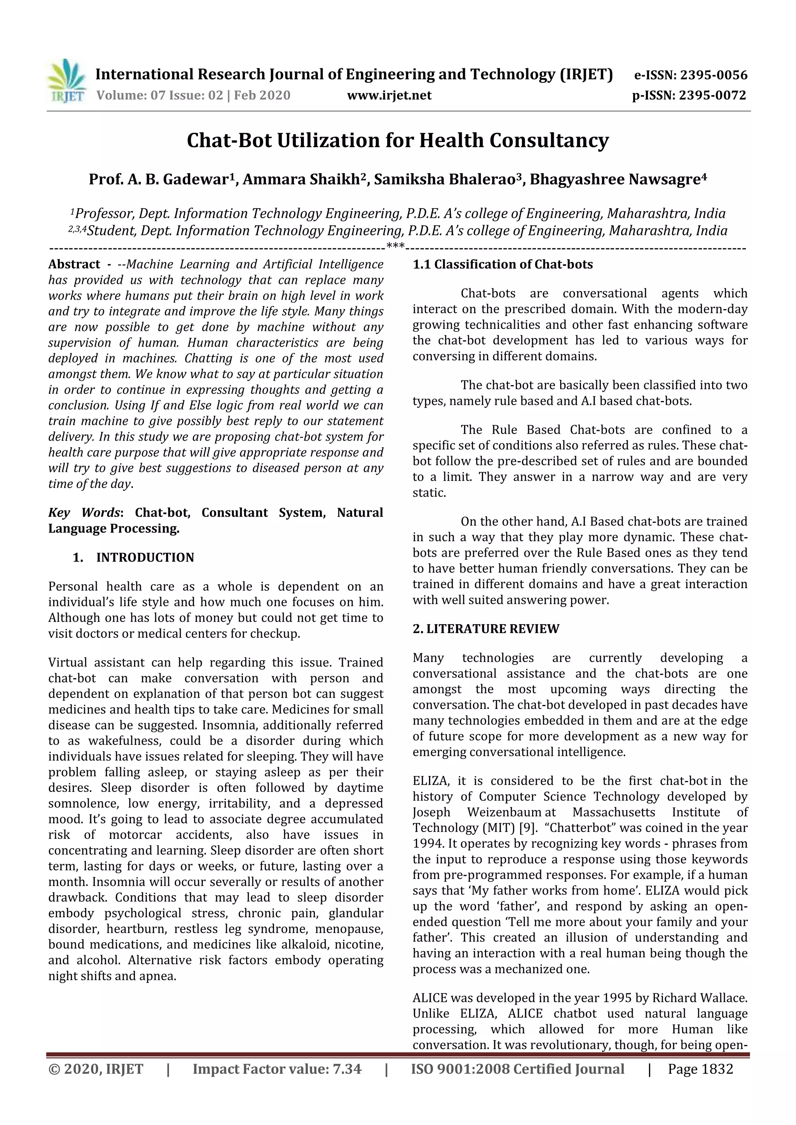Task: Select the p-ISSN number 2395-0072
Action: click(x=712, y=95)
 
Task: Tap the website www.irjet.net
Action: click(x=389, y=95)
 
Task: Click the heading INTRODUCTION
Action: click(x=145, y=557)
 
